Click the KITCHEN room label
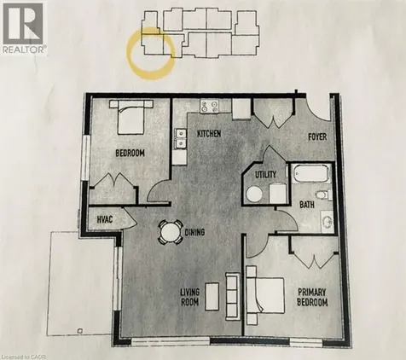[x=209, y=134]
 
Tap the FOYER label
[x=317, y=137]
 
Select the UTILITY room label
[x=265, y=174]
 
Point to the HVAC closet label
[x=105, y=219]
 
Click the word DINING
[x=194, y=232]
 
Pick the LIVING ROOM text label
[x=190, y=298]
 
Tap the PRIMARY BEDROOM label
[x=312, y=297]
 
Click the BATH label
[x=307, y=205]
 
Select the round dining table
[x=170, y=232]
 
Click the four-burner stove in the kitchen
[x=209, y=106]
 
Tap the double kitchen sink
[x=181, y=138]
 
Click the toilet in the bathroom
[x=324, y=195]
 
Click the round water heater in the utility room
[x=254, y=195]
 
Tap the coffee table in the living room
[x=212, y=296]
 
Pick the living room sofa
[x=233, y=296]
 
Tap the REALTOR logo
[x=23, y=28]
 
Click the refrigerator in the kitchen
[x=241, y=108]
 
